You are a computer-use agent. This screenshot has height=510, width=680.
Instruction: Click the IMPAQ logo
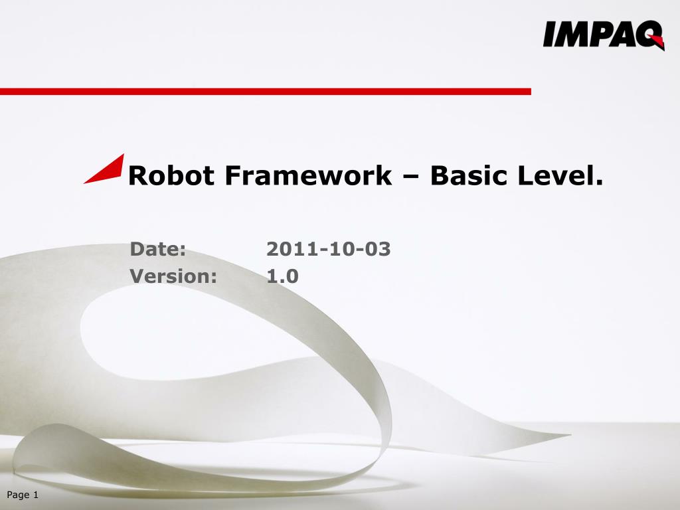pyautogui.click(x=603, y=35)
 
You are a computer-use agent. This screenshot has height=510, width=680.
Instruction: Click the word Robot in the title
pyautogui.click(x=171, y=176)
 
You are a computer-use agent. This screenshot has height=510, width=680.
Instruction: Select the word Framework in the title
pyautogui.click(x=308, y=176)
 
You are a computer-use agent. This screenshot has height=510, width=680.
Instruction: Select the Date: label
pyautogui.click(x=158, y=250)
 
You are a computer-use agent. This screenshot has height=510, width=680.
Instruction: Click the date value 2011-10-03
pyautogui.click(x=328, y=250)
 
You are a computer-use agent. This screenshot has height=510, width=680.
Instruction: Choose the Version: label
pyautogui.click(x=173, y=276)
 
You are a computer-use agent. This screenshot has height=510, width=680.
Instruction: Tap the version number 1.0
pyautogui.click(x=282, y=276)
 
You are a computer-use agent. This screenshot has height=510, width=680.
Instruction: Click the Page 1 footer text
pyautogui.click(x=23, y=495)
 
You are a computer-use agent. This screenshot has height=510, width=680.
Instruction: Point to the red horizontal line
pyautogui.click(x=266, y=91)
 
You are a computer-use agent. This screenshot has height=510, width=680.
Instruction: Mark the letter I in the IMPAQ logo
pyautogui.click(x=549, y=35)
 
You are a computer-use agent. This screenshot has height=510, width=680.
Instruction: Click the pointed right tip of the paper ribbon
pyautogui.click(x=568, y=436)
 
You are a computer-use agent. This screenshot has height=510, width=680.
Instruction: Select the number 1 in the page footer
pyautogui.click(x=35, y=495)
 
